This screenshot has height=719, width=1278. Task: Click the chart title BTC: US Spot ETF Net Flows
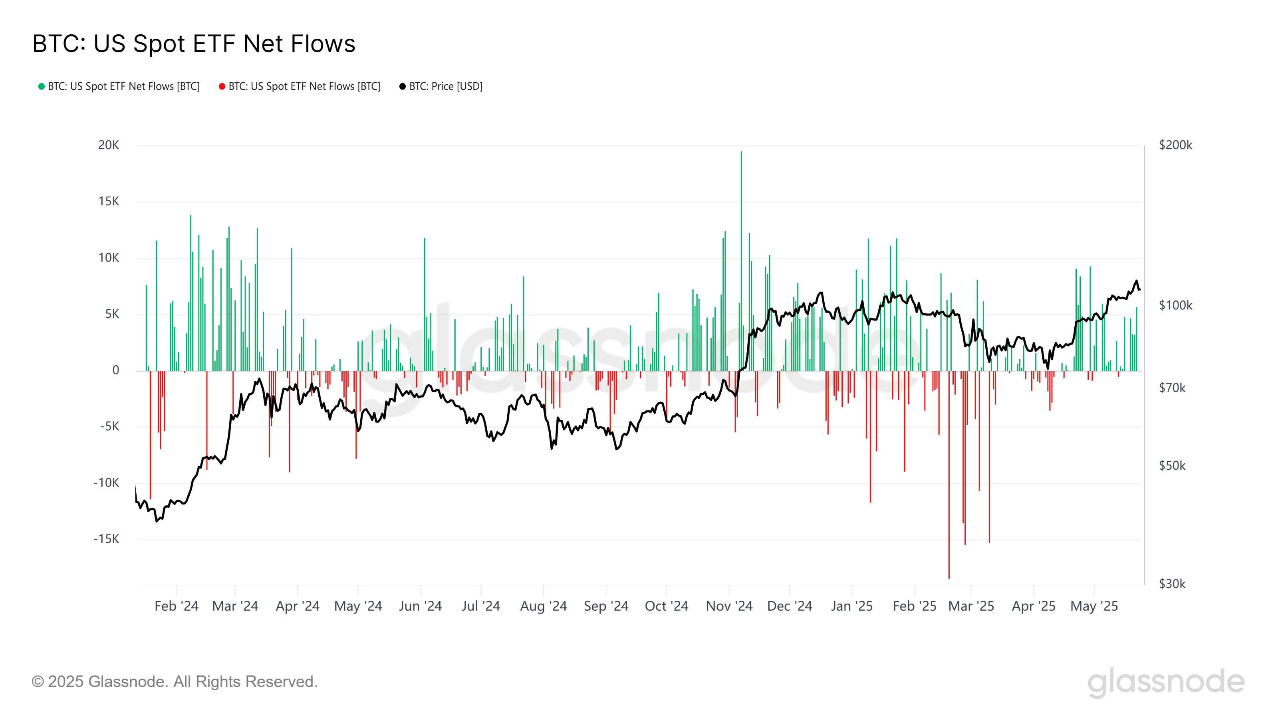point(193,44)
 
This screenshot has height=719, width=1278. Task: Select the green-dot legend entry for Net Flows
point(119,86)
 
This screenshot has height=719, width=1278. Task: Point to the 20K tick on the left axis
point(109,145)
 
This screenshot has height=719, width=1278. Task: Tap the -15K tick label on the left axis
point(106,539)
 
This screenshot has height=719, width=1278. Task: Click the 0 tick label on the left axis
point(115,370)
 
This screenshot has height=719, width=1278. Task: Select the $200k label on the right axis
point(1175,145)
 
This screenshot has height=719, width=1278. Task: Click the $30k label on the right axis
point(1172,584)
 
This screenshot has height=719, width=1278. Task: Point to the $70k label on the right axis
point(1172,387)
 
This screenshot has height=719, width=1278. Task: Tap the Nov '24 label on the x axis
point(729,606)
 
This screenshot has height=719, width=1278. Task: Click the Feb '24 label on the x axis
point(176,606)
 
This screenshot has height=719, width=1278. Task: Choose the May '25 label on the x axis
point(1094,606)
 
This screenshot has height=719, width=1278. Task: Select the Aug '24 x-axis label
point(543,606)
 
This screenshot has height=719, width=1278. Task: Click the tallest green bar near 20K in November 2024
point(741,248)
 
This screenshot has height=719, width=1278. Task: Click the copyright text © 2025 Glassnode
point(174,682)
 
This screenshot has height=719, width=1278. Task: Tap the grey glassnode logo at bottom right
point(1166,683)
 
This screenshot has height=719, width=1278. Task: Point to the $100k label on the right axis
point(1175,305)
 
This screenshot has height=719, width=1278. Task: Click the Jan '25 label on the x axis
point(852,606)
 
